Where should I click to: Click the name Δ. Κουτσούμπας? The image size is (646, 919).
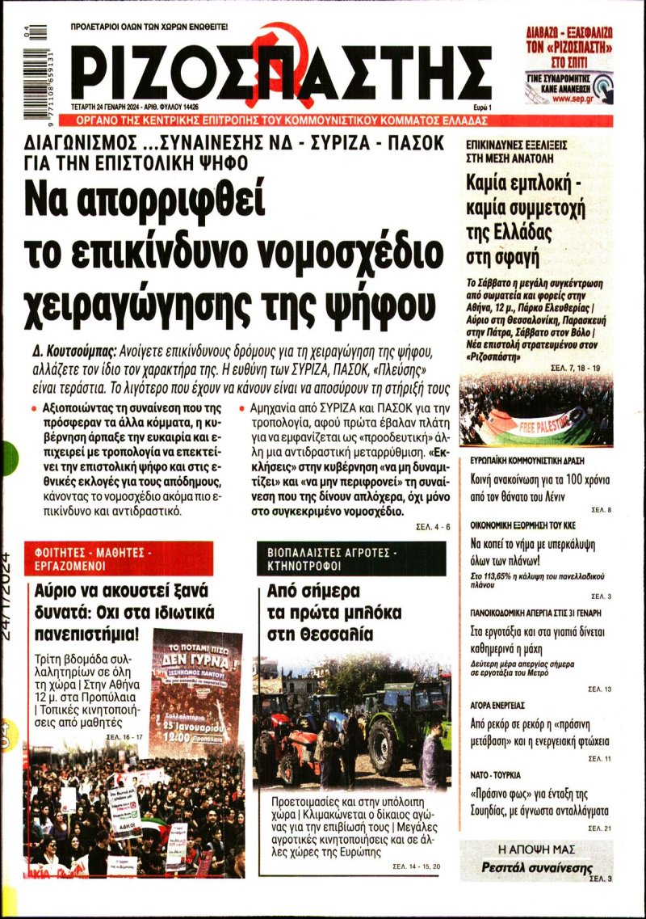[x=75, y=352]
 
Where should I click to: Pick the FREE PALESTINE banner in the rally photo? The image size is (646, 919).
[x=536, y=423]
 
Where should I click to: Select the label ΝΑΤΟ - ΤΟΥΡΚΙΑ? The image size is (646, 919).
[x=496, y=774]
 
